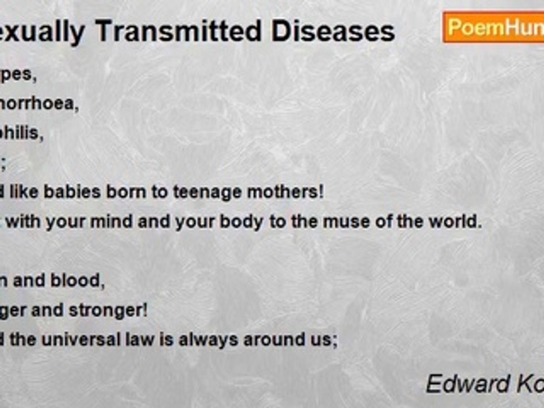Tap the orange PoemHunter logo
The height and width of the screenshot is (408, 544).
[x=493, y=27]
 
